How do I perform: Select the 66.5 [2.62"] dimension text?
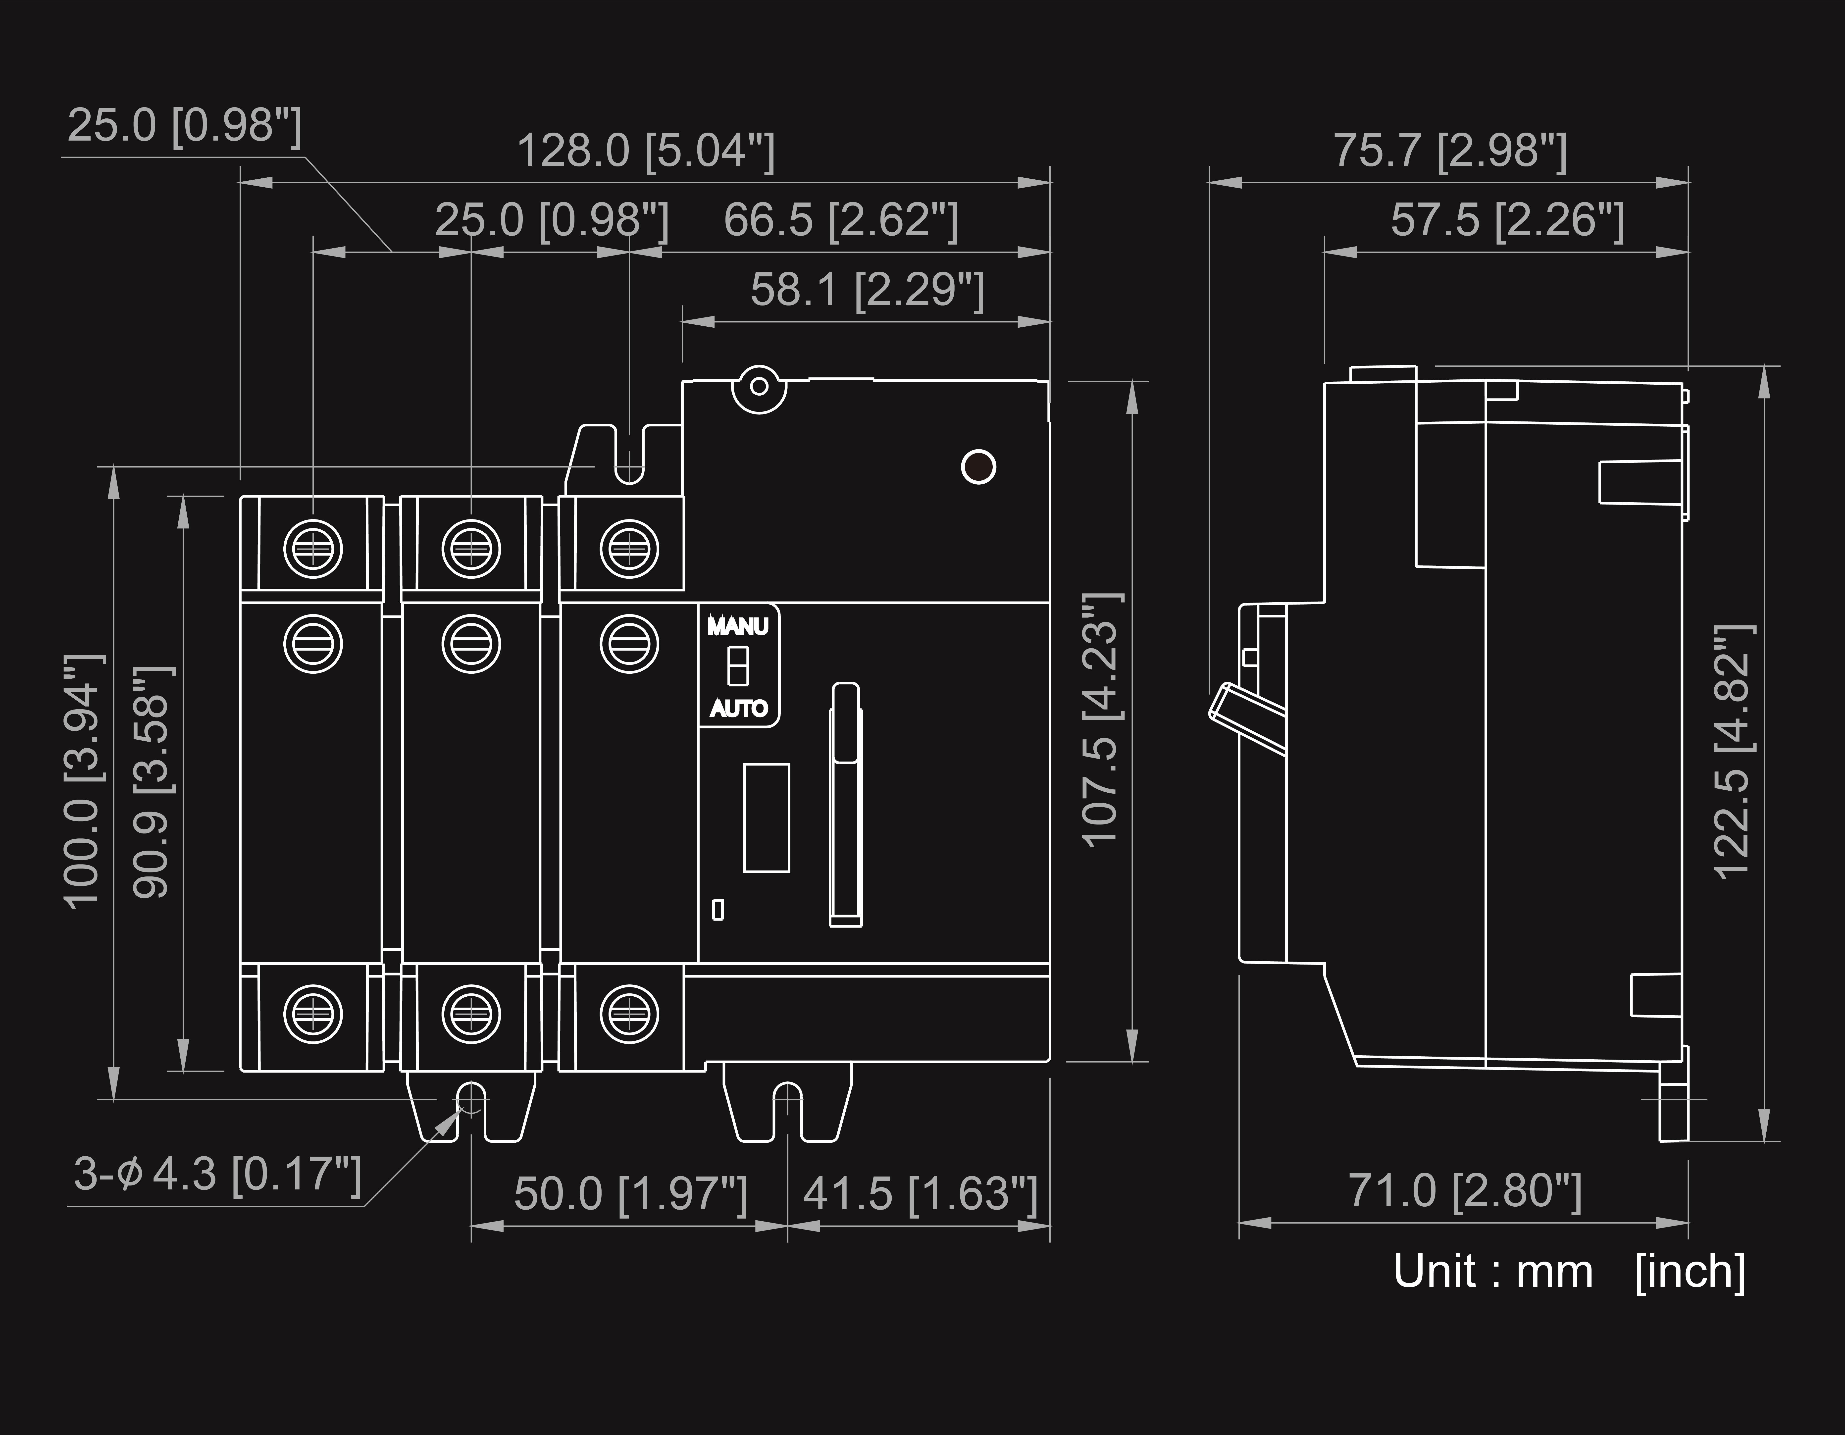(841, 220)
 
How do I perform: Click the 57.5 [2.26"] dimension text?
(1507, 220)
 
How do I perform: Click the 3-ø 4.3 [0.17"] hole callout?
(218, 1174)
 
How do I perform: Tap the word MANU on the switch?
(737, 627)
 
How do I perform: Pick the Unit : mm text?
(1493, 1271)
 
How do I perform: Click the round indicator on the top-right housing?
(978, 466)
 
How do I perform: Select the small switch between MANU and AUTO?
(737, 666)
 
